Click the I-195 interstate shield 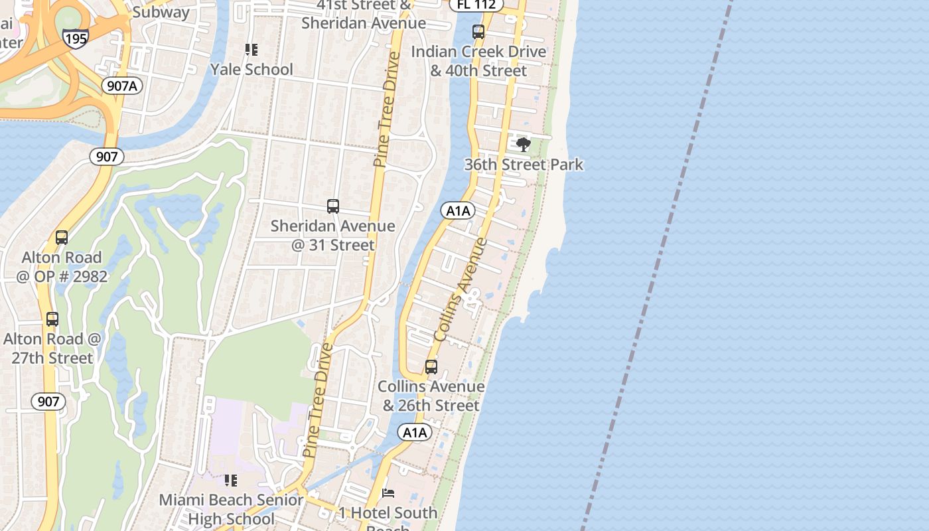click(x=76, y=38)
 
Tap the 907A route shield click(x=123, y=85)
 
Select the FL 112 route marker click(x=476, y=4)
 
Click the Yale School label click(x=251, y=70)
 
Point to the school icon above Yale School click(x=251, y=50)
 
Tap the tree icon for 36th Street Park click(x=524, y=144)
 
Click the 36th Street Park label click(x=524, y=165)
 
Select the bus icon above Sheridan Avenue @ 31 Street click(x=333, y=206)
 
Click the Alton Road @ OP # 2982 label click(x=62, y=267)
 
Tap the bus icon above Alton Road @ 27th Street click(x=52, y=319)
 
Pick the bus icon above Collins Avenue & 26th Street click(x=431, y=367)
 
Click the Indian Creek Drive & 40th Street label click(x=478, y=61)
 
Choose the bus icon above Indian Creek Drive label click(x=478, y=32)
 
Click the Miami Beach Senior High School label click(x=231, y=509)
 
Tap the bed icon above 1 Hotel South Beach click(x=388, y=493)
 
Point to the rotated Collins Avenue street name click(x=461, y=289)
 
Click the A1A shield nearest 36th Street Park click(x=458, y=211)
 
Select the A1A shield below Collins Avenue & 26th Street click(x=415, y=433)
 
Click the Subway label click(x=161, y=12)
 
